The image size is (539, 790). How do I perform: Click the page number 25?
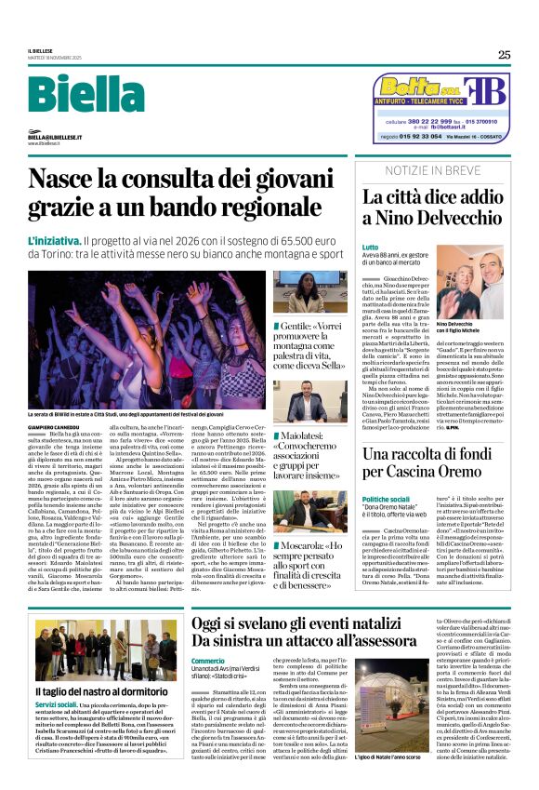[504, 55]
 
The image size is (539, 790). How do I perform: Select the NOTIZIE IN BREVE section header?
[433, 171]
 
